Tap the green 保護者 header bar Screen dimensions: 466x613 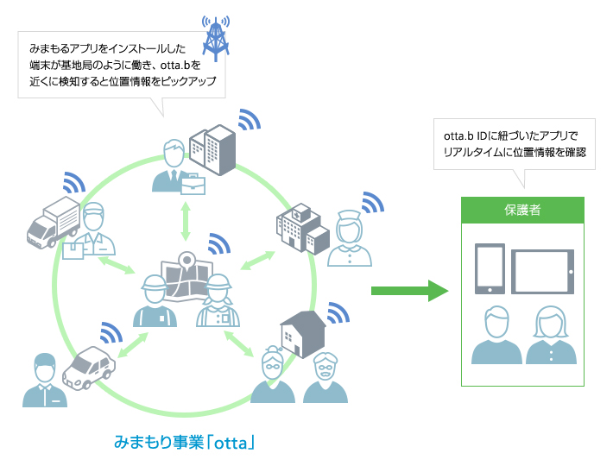(x=522, y=210)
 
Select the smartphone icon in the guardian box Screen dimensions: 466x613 (x=490, y=269)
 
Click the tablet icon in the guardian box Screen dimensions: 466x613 (x=542, y=272)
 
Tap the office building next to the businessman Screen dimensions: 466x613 (x=211, y=148)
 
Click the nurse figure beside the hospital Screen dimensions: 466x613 (x=350, y=240)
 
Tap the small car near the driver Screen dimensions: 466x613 (x=88, y=368)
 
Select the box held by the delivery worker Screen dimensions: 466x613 (x=74, y=249)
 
